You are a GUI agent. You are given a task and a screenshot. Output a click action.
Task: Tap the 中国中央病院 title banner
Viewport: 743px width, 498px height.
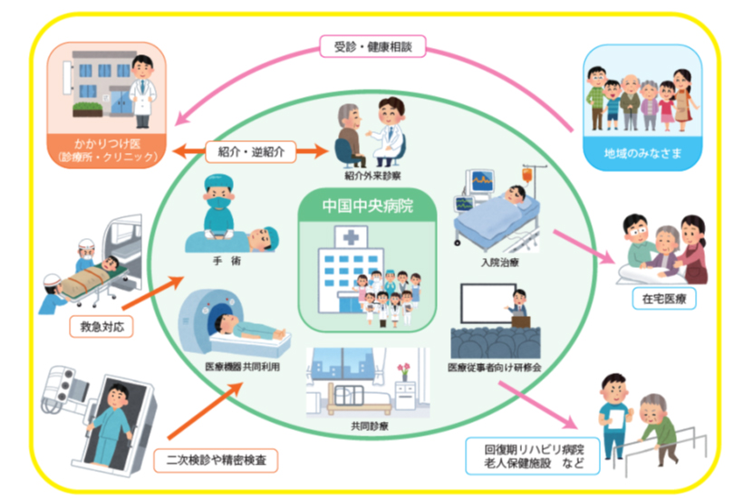coord(367,206)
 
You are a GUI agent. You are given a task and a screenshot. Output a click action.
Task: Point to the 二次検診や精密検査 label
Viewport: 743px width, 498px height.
coord(214,459)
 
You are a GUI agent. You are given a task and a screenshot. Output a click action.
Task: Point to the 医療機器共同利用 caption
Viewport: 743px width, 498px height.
coord(239,369)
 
